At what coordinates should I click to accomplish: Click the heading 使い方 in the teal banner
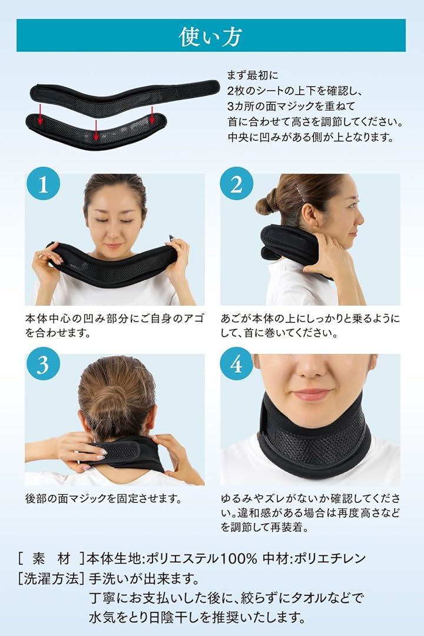(211, 37)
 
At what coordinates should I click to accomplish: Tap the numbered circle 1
(44, 184)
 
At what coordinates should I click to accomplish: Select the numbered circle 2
(237, 184)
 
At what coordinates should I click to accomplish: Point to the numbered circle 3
(44, 364)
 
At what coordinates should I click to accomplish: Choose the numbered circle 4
(237, 364)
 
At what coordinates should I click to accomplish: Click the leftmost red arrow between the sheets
(40, 114)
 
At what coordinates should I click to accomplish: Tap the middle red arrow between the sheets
(96, 130)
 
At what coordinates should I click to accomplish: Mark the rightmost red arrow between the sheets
(152, 115)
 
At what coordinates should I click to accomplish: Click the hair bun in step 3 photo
(115, 401)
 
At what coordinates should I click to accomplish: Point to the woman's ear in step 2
(310, 217)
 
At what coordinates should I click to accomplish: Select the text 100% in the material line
(238, 559)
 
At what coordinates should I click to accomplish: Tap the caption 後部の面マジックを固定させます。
(104, 498)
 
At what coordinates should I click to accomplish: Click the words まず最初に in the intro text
(253, 75)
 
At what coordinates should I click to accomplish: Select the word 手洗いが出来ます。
(144, 578)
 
